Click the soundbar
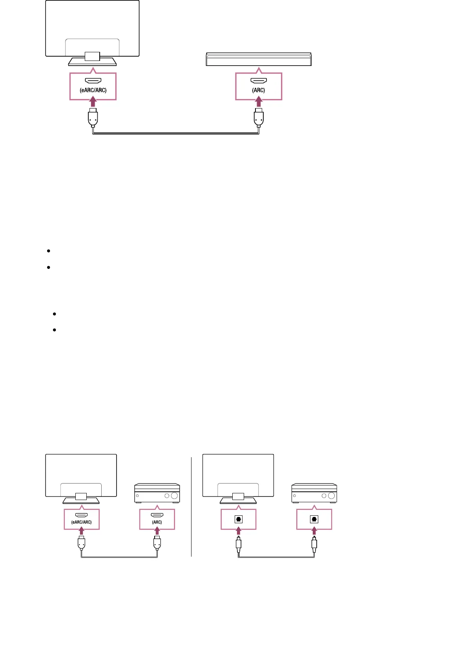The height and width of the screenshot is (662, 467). pos(259,59)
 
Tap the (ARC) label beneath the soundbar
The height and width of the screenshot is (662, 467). pos(258,90)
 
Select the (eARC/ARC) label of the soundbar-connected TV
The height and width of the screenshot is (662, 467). pos(93,90)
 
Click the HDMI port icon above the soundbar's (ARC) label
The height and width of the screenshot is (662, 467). pos(259,81)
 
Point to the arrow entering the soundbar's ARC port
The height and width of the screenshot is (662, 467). pos(258,102)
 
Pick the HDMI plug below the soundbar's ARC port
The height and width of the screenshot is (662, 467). pos(258,118)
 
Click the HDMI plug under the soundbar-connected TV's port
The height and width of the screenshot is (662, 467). pos(93,118)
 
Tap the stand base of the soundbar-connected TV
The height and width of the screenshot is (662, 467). pos(92,62)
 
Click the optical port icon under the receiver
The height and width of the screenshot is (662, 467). pos(314,519)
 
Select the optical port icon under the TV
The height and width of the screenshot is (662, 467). pos(238,519)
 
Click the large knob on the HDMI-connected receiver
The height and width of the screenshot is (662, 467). pos(175,496)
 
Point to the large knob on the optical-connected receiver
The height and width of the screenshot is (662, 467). pos(332,496)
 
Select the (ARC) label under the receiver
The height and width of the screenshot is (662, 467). pos(157,522)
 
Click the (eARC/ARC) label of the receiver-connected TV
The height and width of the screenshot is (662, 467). pos(81,522)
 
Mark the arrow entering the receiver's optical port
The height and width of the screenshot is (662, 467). pos(314,531)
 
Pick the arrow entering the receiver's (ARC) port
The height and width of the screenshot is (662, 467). pos(157,531)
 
